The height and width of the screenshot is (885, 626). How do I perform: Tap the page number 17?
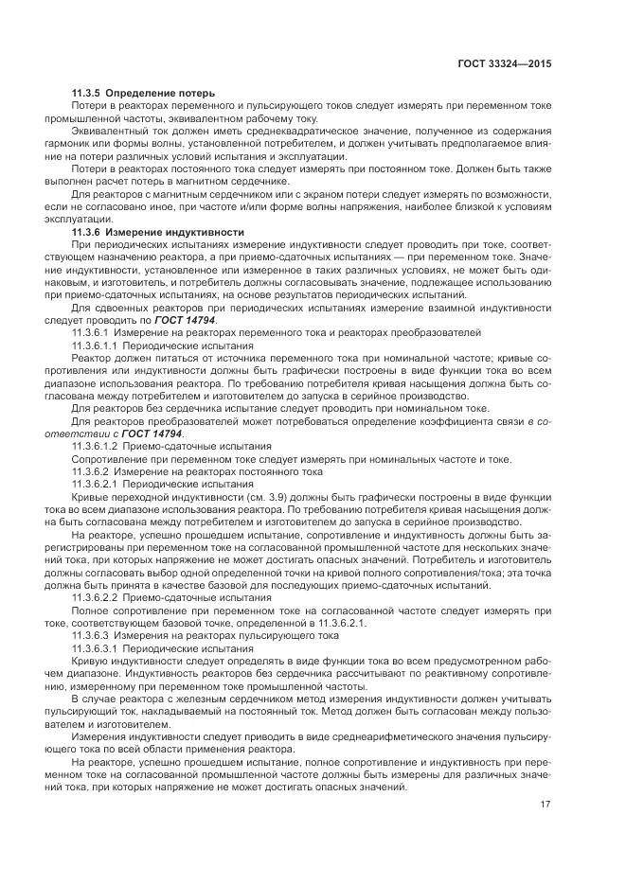tap(546, 805)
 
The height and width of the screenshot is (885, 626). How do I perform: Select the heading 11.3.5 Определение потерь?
tap(143, 93)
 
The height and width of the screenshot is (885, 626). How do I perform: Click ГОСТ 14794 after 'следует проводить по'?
tap(185, 321)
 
